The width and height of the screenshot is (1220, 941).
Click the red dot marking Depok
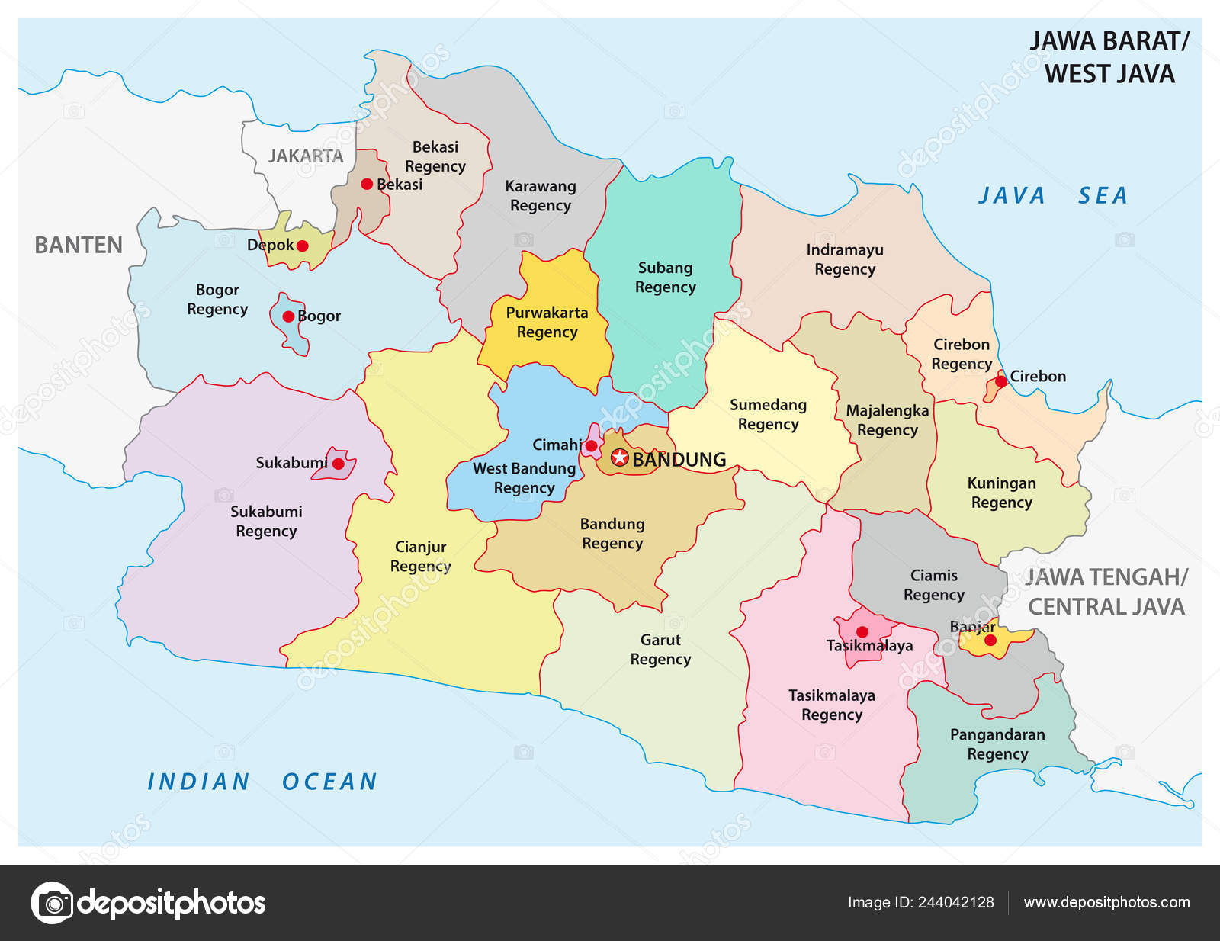coord(302,246)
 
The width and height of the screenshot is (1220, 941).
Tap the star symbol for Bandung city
coord(620,458)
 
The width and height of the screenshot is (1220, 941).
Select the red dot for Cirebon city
coord(1000,381)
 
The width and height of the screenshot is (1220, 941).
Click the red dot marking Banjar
coord(990,641)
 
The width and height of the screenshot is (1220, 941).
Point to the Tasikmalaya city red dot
coord(862,632)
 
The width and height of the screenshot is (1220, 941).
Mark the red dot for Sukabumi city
coord(338,464)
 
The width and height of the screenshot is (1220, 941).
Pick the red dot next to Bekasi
coord(367,184)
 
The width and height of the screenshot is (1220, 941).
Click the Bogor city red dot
coord(288,316)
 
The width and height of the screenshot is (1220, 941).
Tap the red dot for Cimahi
coord(591,446)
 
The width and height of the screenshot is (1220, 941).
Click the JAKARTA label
coord(306,156)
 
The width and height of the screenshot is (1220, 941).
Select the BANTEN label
coord(79,245)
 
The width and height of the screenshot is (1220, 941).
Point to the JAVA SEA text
coord(1052,196)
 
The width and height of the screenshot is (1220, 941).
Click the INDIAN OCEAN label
coord(262,782)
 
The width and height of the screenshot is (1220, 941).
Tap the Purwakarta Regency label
coord(547,322)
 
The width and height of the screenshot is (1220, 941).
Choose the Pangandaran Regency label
coord(997,743)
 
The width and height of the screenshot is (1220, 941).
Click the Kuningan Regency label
coord(1001,493)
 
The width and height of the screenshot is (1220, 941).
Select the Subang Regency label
coord(665,277)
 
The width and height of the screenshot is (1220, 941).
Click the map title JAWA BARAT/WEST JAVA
coord(1109,57)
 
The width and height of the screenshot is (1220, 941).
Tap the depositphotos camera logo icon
coord(52,903)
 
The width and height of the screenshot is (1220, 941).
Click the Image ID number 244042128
coord(955,902)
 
